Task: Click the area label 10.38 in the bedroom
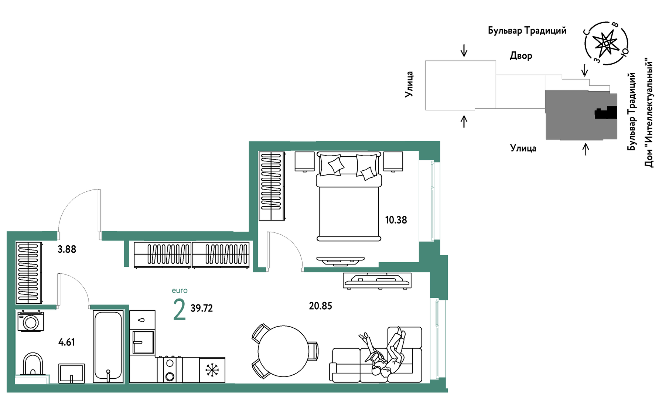click(396, 220)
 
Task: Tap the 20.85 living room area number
click(320, 306)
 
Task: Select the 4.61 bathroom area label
click(66, 342)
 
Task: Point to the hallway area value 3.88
click(67, 249)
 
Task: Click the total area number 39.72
click(202, 308)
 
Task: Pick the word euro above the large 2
click(180, 291)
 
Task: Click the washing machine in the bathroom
click(31, 321)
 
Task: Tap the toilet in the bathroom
click(33, 365)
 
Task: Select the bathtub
click(108, 347)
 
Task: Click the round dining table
click(283, 351)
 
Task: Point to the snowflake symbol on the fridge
click(212, 370)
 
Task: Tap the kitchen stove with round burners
click(170, 369)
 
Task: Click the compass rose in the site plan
click(606, 44)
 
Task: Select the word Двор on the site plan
click(521, 56)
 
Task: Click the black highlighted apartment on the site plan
click(606, 112)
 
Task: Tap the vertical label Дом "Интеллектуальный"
click(649, 112)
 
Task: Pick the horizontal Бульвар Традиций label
click(527, 30)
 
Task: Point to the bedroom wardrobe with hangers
click(272, 186)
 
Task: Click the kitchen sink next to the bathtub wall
click(143, 342)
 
